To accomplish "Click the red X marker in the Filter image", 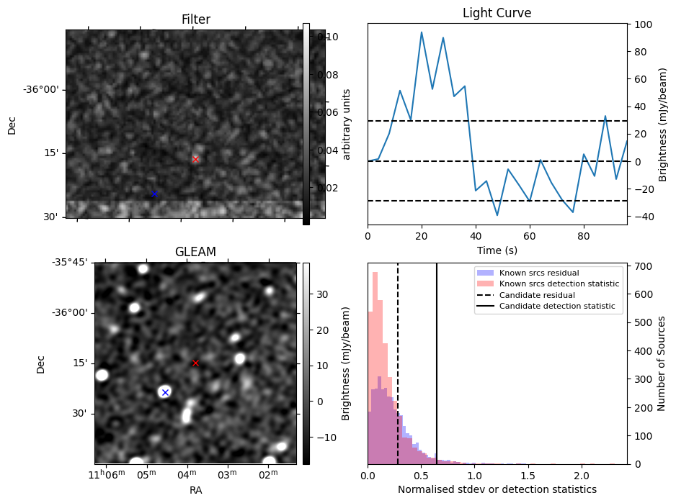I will [195, 158].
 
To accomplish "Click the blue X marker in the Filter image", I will [154, 194].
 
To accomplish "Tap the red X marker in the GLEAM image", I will [195, 363].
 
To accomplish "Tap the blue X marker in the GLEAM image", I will [165, 392].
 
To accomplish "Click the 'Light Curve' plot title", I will [497, 13].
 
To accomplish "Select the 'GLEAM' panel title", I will [195, 252].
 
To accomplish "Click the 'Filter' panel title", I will [195, 19].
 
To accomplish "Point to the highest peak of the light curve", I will [422, 32].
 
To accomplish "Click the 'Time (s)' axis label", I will [497, 250].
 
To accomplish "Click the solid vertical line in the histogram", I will [437, 374].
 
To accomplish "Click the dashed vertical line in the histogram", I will [398, 374].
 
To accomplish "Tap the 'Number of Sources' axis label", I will [662, 363].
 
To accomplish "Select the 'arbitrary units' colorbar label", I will [346, 124].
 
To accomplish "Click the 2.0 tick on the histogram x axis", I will [582, 476].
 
